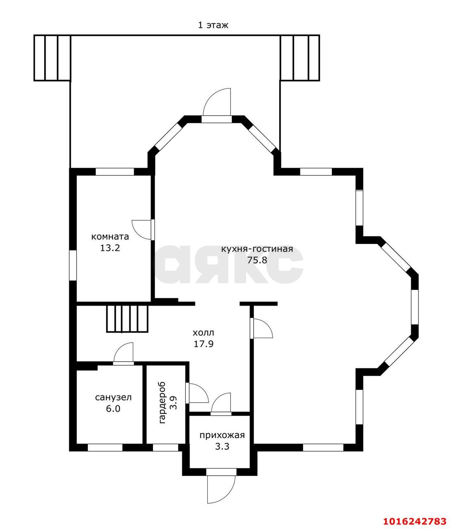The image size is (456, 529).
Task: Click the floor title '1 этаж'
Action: pyautogui.click(x=213, y=25)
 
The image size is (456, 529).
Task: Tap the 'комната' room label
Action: pyautogui.click(x=110, y=236)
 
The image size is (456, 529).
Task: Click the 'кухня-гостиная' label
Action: pyautogui.click(x=257, y=249)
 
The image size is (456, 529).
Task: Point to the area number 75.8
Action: pyautogui.click(x=257, y=260)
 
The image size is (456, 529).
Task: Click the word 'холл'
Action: pyautogui.click(x=203, y=333)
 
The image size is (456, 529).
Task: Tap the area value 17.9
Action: pyautogui.click(x=204, y=344)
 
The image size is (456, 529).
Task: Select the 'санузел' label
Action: pyautogui.click(x=113, y=398)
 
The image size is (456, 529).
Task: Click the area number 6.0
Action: pyautogui.click(x=113, y=409)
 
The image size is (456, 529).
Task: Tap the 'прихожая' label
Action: pyautogui.click(x=222, y=435)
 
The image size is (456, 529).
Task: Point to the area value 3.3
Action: pyautogui.click(x=222, y=447)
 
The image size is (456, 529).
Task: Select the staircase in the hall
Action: pyautogui.click(x=127, y=319)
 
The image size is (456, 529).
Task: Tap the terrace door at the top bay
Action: pyautogui.click(x=217, y=102)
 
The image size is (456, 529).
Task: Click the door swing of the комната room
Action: pyautogui.click(x=142, y=230)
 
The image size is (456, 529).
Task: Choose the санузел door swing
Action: pyautogui.click(x=123, y=352)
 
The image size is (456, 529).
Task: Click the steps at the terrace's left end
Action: pyautogui.click(x=52, y=58)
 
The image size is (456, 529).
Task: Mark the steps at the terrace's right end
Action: pyautogui.click(x=300, y=58)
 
